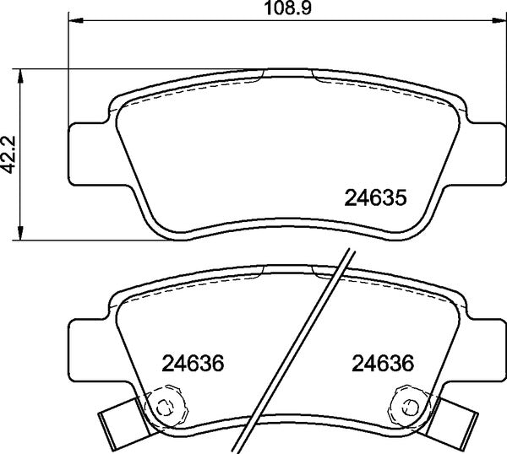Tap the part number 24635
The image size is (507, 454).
[x=376, y=198]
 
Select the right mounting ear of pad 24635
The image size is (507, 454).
[x=482, y=152]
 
